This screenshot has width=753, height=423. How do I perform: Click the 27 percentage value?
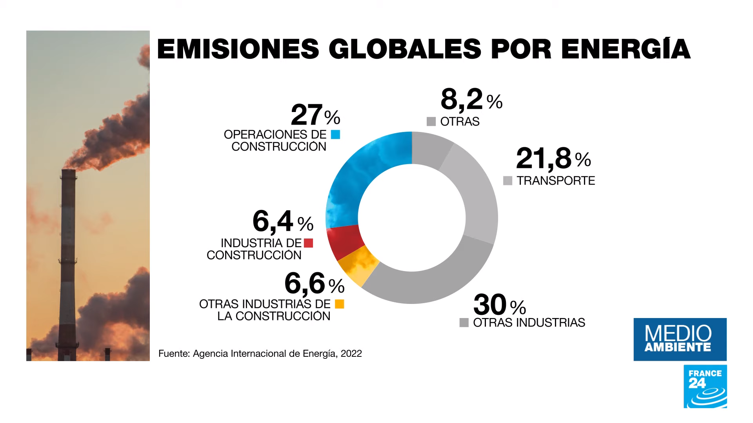point(307,115)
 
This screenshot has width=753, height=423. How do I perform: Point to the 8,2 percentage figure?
point(462,99)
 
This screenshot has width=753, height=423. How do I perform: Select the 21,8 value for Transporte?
point(544,158)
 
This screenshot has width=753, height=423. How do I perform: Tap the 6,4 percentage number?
point(273,221)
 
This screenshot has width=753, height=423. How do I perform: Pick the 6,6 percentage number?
point(305,283)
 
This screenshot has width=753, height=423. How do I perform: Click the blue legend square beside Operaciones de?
point(335,135)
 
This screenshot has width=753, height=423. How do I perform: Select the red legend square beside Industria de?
point(309,243)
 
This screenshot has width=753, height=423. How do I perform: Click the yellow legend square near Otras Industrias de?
point(340,304)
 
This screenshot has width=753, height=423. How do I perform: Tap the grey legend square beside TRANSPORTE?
point(507,181)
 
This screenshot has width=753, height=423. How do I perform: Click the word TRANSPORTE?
point(556,181)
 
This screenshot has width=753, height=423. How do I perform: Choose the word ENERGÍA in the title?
point(626,49)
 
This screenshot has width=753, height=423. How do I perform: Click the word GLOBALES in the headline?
point(405,49)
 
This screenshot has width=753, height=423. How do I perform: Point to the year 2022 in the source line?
point(351,354)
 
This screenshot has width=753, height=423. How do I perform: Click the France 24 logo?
point(705,386)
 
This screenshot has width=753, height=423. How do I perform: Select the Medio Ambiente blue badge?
point(680,339)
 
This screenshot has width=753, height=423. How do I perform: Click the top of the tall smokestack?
point(68,171)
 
